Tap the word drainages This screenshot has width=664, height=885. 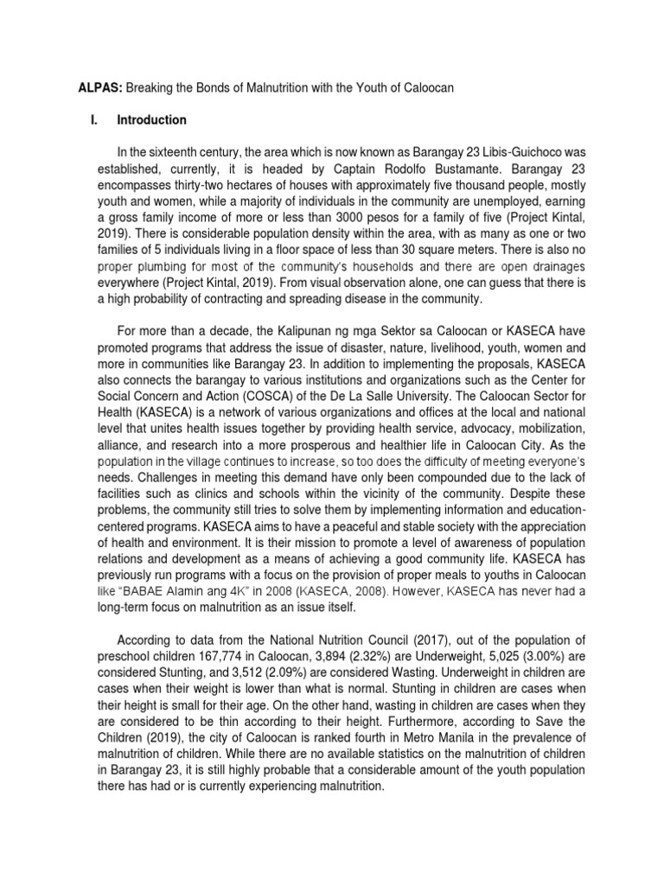[559, 266]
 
